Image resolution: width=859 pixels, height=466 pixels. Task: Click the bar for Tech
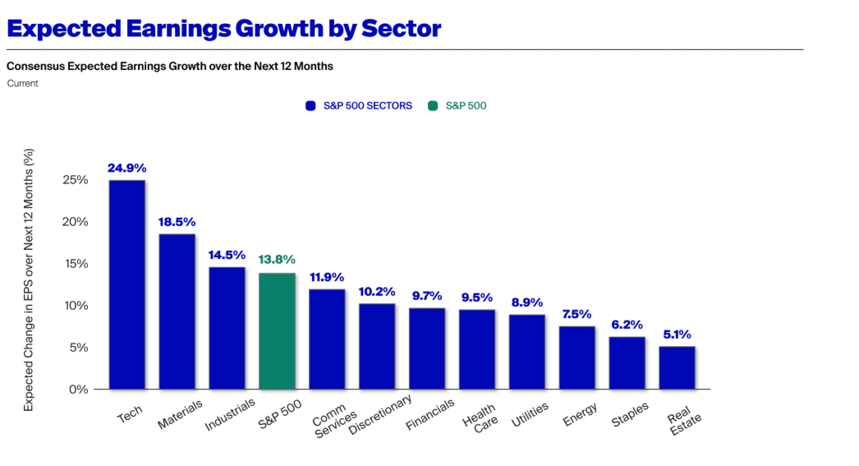pyautogui.click(x=126, y=284)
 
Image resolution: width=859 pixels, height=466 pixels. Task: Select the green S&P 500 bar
pyautogui.click(x=277, y=330)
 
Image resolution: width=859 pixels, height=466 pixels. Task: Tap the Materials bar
pyautogui.click(x=177, y=311)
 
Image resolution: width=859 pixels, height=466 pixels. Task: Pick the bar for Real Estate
pyautogui.click(x=677, y=367)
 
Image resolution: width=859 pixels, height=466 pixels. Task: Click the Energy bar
pyautogui.click(x=576, y=358)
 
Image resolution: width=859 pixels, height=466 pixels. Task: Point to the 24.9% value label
pyautogui.click(x=126, y=168)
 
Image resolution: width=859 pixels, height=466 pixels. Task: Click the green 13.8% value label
pyautogui.click(x=277, y=260)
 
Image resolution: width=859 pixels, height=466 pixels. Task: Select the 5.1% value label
pyautogui.click(x=677, y=335)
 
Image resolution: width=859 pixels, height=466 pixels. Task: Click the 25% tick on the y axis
pyautogui.click(x=75, y=180)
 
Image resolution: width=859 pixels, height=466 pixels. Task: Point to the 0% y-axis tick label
pyautogui.click(x=78, y=389)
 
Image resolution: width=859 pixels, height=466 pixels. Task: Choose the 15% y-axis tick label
pyautogui.click(x=75, y=264)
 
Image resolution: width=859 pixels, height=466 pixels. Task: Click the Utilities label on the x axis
pyautogui.click(x=529, y=415)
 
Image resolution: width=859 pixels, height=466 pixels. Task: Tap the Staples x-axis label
pyautogui.click(x=630, y=414)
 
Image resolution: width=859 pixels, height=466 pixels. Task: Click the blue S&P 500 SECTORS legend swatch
pyautogui.click(x=310, y=106)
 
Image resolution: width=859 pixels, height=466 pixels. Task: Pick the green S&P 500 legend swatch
pyautogui.click(x=433, y=106)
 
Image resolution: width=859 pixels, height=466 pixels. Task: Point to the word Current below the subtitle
pyautogui.click(x=22, y=83)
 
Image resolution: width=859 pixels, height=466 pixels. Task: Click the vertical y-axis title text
pyautogui.click(x=29, y=279)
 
